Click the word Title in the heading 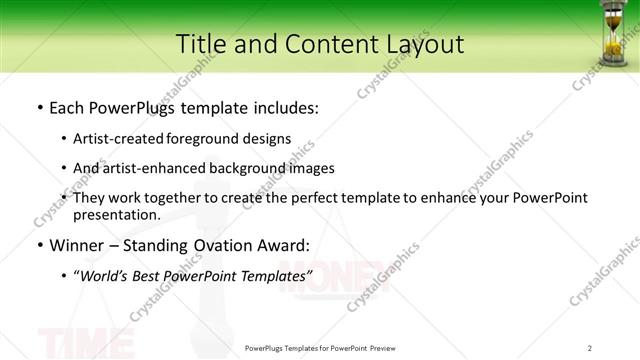(x=202, y=44)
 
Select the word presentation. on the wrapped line (x=117, y=214)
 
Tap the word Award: (x=281, y=245)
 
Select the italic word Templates (x=274, y=275)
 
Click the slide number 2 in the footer (x=589, y=348)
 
